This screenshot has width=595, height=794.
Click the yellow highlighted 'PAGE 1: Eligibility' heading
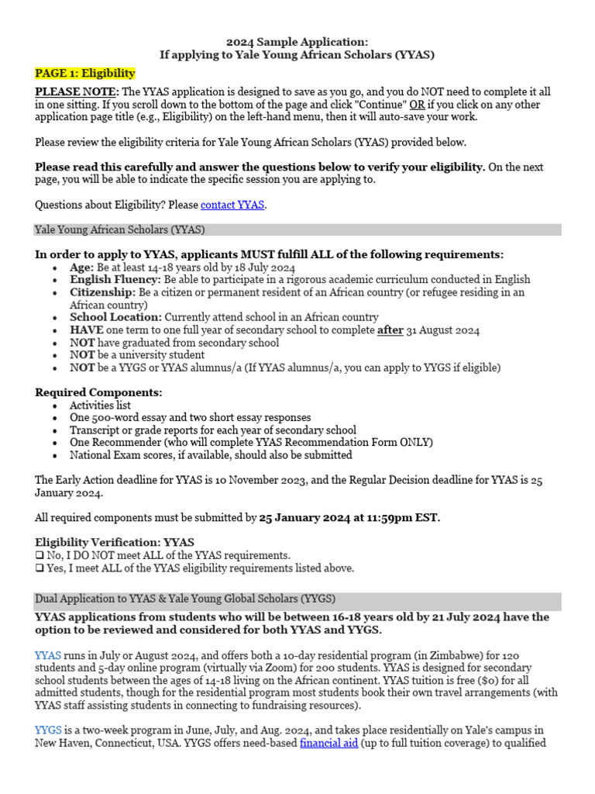(85, 74)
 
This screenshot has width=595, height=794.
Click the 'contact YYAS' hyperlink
(232, 205)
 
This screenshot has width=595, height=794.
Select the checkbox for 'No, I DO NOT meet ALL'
(40, 555)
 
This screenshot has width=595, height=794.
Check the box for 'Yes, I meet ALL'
(40, 568)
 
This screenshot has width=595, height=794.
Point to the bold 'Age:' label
(82, 267)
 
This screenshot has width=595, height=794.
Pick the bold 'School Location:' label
(115, 317)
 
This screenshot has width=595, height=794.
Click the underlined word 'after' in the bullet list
(390, 330)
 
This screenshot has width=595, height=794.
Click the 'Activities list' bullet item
(100, 406)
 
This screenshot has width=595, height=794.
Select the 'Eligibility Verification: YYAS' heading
(115, 542)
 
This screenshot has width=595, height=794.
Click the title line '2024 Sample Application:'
(297, 42)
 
